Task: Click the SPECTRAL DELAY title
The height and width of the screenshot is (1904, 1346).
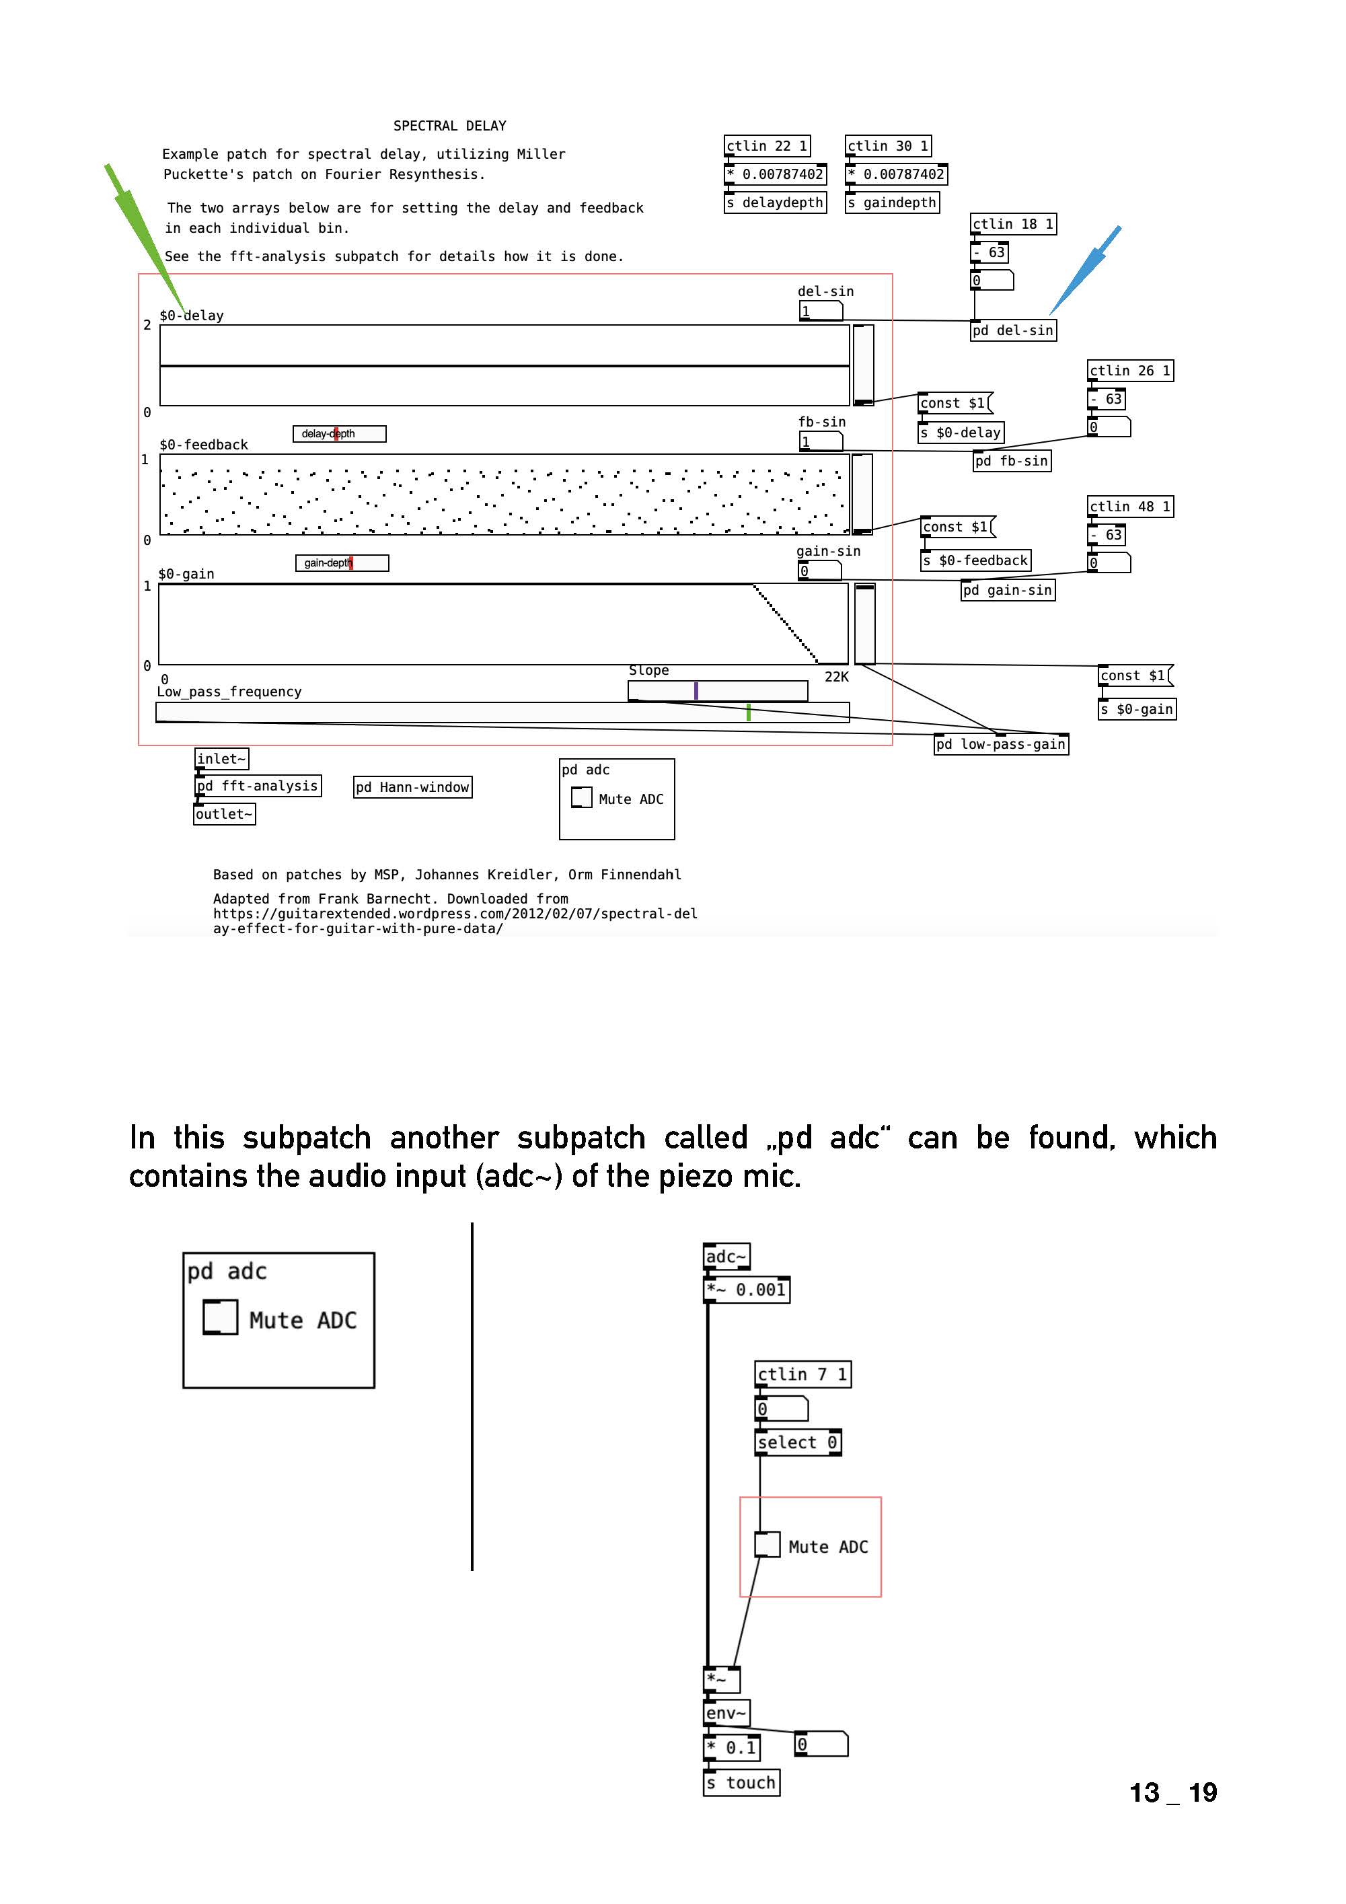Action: tap(449, 126)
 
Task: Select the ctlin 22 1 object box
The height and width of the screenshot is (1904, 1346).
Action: tap(766, 146)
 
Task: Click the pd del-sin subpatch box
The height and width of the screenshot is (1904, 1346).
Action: tap(1012, 330)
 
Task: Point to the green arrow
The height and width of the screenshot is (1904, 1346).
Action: tap(145, 236)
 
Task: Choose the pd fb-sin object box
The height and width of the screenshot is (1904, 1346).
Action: tap(1012, 461)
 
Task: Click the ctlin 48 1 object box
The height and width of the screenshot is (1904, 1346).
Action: tap(1129, 507)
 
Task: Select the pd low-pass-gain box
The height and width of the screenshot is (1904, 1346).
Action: tap(1001, 744)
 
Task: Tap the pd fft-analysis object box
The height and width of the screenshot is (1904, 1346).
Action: tap(258, 785)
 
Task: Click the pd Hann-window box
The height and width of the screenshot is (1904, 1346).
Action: tap(412, 787)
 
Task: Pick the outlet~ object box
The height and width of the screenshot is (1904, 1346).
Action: tap(224, 814)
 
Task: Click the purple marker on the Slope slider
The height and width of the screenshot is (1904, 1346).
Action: tap(696, 691)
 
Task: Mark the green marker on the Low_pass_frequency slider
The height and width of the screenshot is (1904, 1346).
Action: tap(748, 712)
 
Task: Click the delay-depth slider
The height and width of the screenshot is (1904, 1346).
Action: tap(339, 434)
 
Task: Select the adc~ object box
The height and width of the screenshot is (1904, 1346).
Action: tap(726, 1256)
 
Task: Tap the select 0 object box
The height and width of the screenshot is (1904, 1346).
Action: tap(798, 1442)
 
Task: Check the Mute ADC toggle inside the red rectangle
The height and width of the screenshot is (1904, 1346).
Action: tap(766, 1545)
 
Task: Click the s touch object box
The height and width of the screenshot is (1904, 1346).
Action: tap(741, 1782)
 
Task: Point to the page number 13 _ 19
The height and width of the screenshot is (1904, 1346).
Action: tap(1172, 1792)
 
